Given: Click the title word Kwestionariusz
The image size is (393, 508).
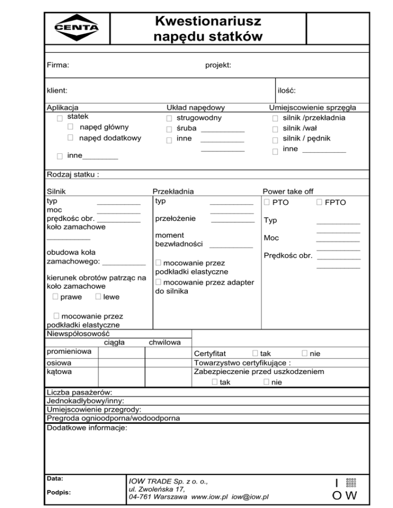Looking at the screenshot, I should point(208,21).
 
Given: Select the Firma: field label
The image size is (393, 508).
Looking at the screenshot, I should point(58,65).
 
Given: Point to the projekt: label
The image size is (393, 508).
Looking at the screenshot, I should point(218,65).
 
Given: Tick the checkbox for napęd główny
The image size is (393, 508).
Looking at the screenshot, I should point(71,127).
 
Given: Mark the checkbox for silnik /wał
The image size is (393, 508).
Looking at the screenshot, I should point(275,129).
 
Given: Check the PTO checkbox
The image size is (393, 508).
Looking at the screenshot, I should point(267,202).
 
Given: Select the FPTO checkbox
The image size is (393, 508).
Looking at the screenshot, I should point(319,202).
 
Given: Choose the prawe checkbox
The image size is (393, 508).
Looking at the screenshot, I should point(55,297).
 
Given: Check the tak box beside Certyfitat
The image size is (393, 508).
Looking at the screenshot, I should point(255,353).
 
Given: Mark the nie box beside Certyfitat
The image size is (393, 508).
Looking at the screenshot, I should point(304,353).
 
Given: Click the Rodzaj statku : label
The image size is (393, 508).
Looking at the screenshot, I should point(73,174).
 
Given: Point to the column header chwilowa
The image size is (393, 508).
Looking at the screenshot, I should point(164,342).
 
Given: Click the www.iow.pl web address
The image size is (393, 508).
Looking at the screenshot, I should point(209,496).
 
